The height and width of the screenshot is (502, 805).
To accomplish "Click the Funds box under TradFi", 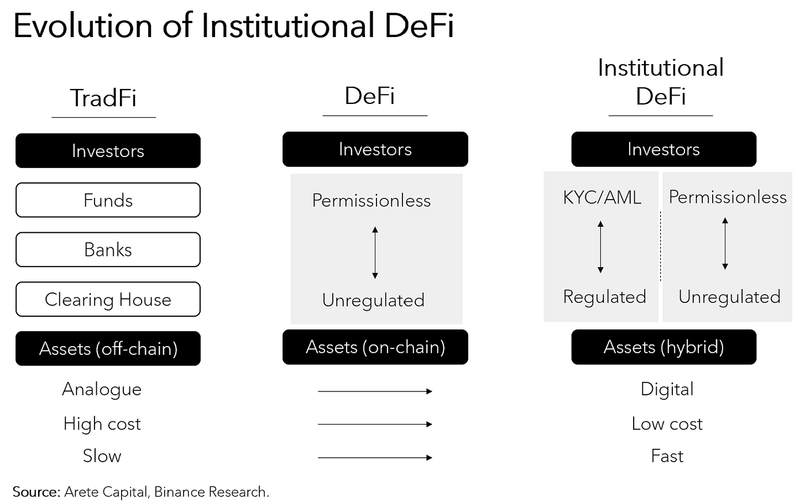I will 108,200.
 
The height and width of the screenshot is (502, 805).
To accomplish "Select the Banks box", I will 108,250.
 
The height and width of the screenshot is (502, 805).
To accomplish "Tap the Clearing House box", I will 108,300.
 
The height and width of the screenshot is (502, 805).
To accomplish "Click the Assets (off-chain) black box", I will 108,349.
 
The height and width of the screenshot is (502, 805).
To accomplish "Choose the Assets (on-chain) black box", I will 375,347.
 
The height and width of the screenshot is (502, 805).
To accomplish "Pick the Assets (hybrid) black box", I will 663,347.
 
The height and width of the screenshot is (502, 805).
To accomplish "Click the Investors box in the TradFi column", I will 108,151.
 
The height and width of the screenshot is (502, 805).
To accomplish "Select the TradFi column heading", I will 103,98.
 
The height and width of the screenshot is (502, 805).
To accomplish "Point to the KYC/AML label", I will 602,197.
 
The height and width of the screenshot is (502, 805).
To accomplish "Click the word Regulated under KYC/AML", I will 604,297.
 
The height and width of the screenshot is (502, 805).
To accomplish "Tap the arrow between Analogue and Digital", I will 375,391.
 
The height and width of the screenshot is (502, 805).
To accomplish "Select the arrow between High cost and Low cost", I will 375,425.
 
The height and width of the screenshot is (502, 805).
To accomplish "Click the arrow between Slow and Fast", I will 375,458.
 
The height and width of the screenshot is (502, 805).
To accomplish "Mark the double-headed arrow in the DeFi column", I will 375,253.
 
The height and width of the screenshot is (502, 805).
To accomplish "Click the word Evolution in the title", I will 82,26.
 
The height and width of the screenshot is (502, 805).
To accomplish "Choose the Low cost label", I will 667,424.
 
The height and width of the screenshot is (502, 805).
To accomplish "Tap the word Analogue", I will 102,389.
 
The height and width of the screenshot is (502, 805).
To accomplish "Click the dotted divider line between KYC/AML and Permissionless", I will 660,246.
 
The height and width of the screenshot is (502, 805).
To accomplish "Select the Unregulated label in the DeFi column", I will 373,300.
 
